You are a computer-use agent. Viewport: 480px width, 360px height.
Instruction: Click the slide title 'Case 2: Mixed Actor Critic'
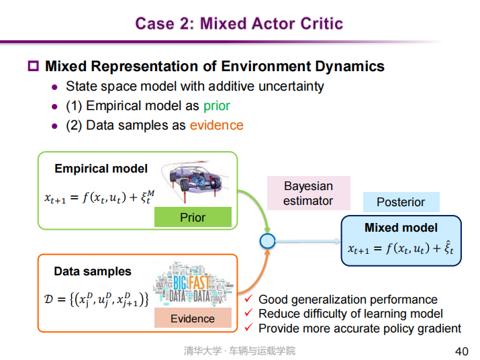tap(239, 24)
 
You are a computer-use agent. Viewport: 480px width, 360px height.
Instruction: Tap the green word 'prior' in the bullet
tap(216, 105)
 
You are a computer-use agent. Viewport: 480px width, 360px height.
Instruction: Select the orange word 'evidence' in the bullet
tap(216, 125)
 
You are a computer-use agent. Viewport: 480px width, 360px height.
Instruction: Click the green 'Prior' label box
tap(193, 217)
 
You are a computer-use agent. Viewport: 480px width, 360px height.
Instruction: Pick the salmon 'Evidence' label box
tap(193, 318)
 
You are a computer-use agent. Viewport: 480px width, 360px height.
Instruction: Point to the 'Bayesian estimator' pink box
tap(308, 193)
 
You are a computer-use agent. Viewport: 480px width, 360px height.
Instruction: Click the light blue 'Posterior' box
tap(401, 201)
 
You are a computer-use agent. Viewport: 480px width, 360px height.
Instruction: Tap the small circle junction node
tap(267, 240)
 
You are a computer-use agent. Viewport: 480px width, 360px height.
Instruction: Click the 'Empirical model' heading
tap(101, 169)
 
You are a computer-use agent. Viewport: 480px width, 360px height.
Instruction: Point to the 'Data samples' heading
tap(93, 271)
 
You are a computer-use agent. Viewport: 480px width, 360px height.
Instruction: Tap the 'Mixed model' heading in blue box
tap(401, 227)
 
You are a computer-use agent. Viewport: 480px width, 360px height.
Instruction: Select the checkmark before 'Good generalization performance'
tap(248, 299)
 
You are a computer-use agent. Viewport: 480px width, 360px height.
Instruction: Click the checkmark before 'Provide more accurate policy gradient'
tap(248, 328)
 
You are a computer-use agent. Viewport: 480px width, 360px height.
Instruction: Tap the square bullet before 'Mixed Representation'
tap(33, 66)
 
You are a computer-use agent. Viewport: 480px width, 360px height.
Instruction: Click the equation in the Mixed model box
tap(401, 249)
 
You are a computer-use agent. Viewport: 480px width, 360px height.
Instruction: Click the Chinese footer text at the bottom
tap(240, 351)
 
